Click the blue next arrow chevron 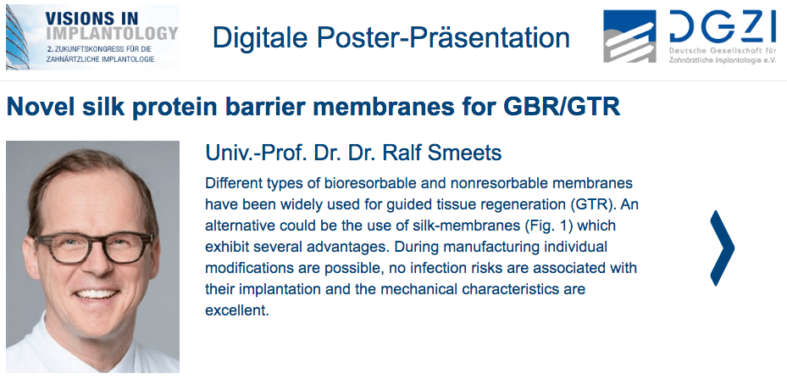[723, 248]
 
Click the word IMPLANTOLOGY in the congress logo [112, 33]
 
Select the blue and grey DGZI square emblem [629, 36]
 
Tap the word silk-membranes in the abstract [461, 226]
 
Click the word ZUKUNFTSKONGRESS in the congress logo [82, 50]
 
